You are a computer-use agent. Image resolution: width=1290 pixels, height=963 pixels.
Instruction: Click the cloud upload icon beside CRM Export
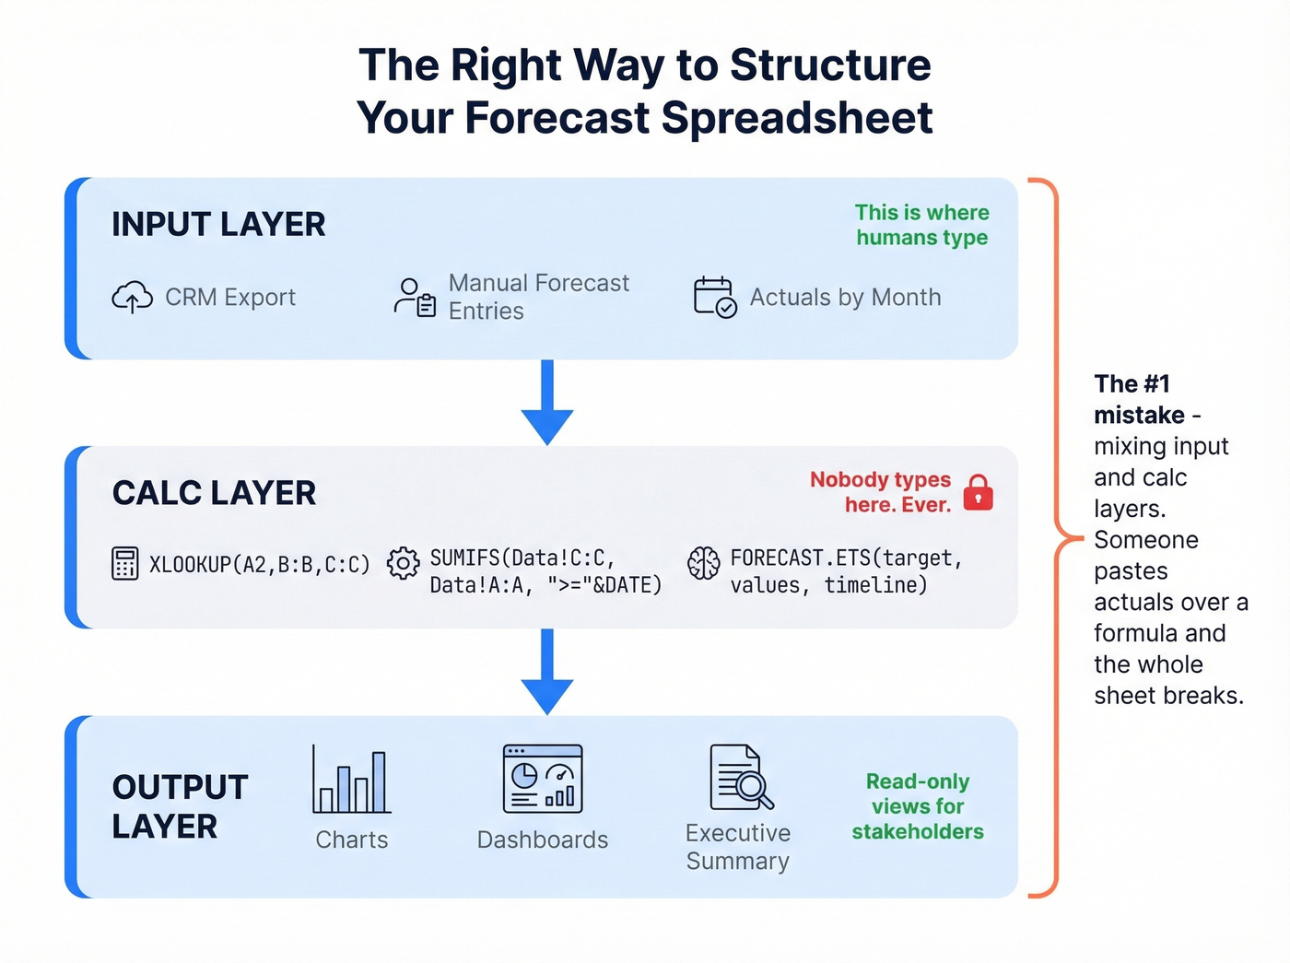[x=132, y=298]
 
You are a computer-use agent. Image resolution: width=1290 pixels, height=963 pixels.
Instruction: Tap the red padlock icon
[x=978, y=492]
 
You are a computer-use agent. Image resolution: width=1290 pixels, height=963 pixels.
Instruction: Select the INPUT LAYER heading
[x=218, y=224]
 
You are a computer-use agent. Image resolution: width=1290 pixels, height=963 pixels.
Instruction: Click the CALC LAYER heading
[x=214, y=493]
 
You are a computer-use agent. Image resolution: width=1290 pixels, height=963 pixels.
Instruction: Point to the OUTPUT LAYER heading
[x=180, y=806]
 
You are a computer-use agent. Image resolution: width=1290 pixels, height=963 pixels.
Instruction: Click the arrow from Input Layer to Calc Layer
[x=547, y=403]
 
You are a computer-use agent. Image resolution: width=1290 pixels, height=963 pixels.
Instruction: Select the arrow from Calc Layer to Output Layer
[x=547, y=672]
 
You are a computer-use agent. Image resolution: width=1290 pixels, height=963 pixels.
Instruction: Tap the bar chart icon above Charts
[x=351, y=781]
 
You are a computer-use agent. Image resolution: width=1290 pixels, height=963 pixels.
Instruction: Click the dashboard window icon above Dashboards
[x=543, y=779]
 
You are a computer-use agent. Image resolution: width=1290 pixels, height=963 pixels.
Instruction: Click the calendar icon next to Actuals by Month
[x=714, y=298]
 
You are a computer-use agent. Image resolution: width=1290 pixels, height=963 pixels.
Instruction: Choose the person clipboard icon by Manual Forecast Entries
[x=415, y=298]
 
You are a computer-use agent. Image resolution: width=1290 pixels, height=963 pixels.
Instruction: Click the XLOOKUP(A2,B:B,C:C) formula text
[x=259, y=564]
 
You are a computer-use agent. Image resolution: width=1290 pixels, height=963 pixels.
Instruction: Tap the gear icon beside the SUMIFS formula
[x=403, y=563]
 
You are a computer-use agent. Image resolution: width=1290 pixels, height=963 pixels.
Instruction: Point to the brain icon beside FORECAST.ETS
[x=703, y=563]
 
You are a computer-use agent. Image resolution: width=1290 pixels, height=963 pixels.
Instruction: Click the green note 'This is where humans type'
[x=921, y=225]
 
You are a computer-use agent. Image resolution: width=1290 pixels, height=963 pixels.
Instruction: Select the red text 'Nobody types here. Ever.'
[x=881, y=492]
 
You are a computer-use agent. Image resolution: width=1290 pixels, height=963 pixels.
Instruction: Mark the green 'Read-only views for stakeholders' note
[x=918, y=806]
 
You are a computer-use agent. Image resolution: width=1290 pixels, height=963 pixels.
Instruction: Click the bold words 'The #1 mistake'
[x=1139, y=399]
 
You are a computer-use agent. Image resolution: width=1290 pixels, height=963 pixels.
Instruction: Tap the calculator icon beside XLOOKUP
[x=124, y=563]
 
